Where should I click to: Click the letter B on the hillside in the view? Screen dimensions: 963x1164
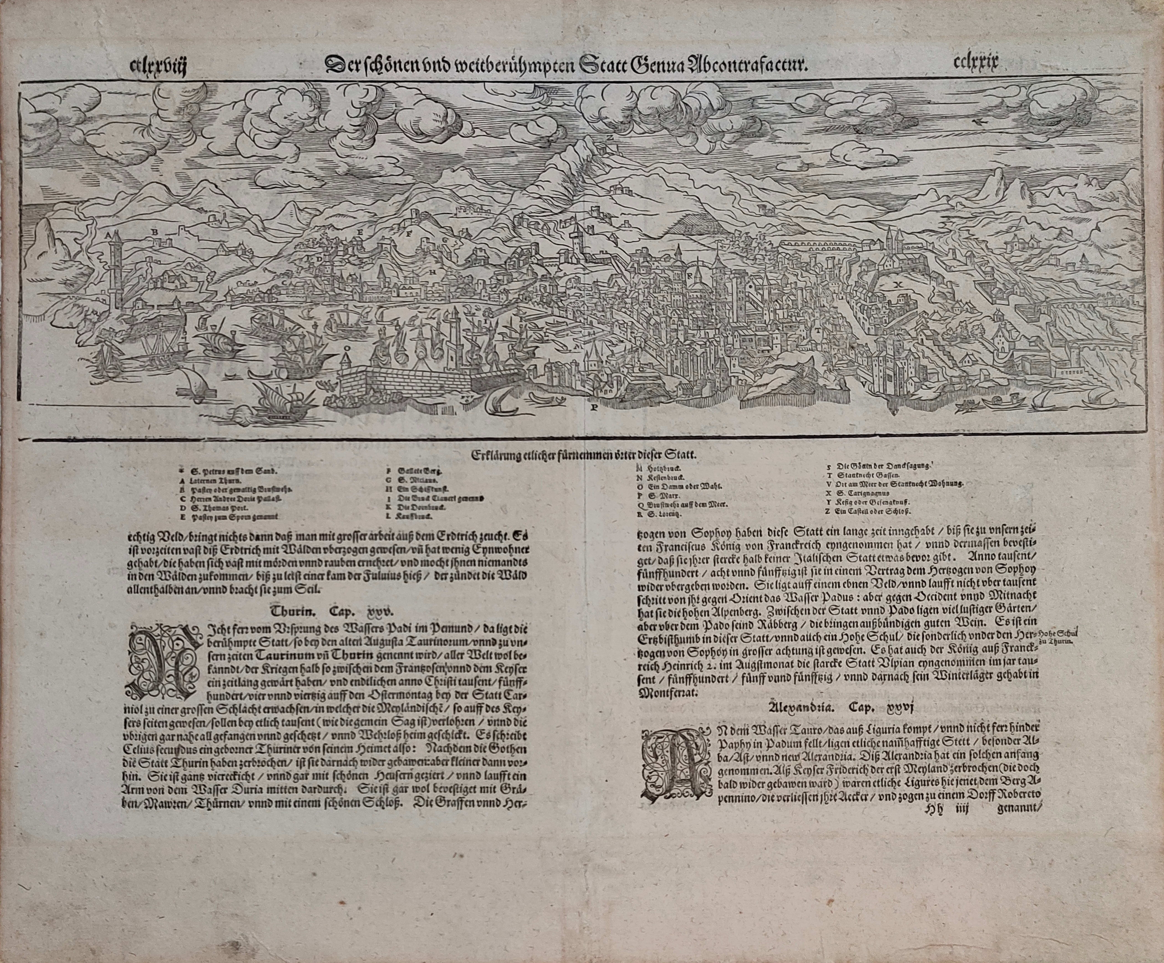pos(155,232)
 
